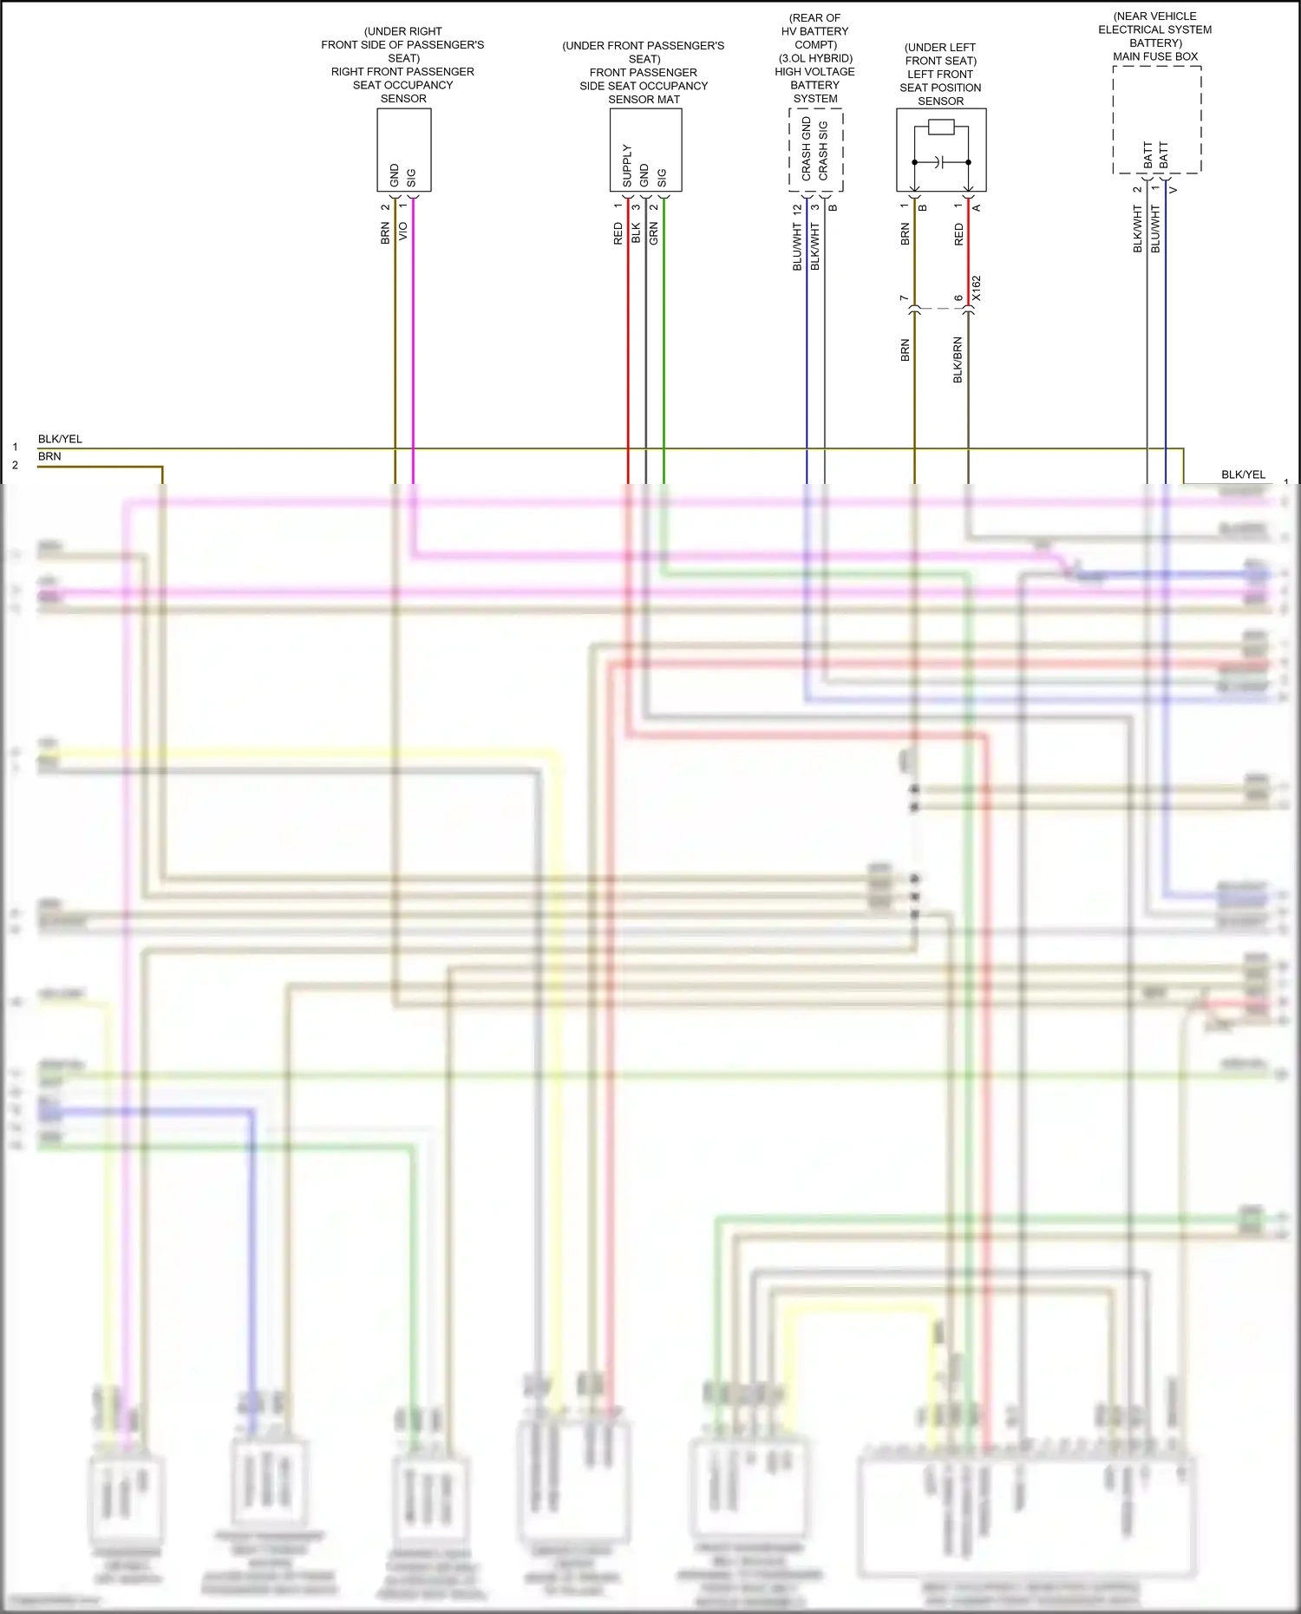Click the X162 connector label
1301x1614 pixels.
tap(977, 289)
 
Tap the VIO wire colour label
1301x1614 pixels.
tap(402, 232)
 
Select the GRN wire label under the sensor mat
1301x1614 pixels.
tap(654, 232)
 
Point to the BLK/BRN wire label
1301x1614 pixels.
tap(958, 360)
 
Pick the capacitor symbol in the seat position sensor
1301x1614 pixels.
tap(941, 162)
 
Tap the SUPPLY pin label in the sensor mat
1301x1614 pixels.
tap(627, 166)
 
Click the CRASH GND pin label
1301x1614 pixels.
tap(807, 149)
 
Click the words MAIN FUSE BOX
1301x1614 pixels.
tap(1155, 56)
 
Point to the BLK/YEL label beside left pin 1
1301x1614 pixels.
tap(60, 439)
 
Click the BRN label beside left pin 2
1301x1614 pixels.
tap(49, 456)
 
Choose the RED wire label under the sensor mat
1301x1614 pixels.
tap(618, 233)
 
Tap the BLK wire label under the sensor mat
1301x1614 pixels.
tap(636, 232)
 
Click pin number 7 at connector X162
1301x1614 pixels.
tap(904, 297)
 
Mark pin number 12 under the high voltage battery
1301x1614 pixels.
tap(797, 209)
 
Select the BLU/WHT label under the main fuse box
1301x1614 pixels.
tap(1155, 229)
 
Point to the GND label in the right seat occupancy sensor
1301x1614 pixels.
tap(395, 175)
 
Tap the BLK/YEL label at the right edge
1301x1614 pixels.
tap(1243, 474)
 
